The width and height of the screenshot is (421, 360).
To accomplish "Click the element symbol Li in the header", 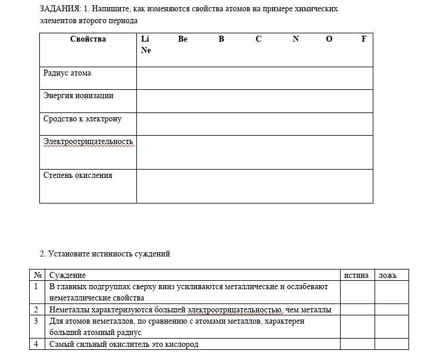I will (145, 39).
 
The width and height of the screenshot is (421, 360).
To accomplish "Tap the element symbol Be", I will (183, 39).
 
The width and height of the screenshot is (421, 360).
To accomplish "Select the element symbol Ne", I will (146, 51).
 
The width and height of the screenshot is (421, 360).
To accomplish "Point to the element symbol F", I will (364, 39).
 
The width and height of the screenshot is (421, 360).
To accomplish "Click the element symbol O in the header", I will (329, 39).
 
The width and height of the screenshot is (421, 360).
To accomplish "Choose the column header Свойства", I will (88, 39).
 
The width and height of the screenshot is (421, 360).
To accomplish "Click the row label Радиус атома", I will (67, 73).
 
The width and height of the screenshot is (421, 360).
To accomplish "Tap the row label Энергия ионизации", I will (78, 96).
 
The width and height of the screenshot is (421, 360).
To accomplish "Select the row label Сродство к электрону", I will (82, 119).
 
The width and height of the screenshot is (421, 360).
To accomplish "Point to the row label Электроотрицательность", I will (88, 142).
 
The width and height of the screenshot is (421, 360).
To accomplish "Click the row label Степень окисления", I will (77, 176).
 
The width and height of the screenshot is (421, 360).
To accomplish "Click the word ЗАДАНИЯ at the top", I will (59, 9).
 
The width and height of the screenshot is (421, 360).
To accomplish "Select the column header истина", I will (356, 275).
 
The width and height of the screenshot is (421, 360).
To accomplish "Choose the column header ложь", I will (388, 275).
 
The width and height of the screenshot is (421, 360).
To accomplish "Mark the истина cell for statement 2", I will (357, 309).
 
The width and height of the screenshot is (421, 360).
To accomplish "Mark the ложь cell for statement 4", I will (392, 344).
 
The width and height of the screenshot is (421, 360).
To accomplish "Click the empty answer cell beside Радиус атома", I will (254, 78).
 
